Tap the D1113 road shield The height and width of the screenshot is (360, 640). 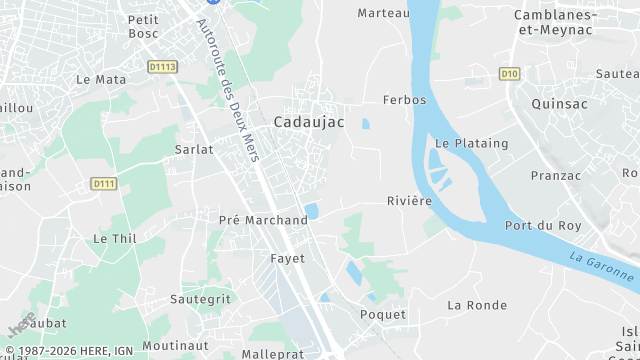[161, 67]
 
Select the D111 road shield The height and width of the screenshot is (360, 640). [103, 183]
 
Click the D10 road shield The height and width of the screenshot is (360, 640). [510, 73]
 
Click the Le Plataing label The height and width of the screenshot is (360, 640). [471, 143]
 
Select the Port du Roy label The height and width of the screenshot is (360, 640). [543, 226]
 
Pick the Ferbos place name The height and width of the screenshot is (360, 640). [404, 100]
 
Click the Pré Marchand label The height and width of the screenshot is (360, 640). [263, 220]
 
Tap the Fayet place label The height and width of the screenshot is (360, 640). [287, 258]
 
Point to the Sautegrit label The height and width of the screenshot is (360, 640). [201, 298]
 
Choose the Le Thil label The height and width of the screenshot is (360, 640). [114, 239]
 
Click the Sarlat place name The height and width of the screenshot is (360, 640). [194, 149]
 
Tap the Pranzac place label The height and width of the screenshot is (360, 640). [556, 175]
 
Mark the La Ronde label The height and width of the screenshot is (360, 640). [477, 305]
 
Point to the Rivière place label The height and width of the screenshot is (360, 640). [409, 201]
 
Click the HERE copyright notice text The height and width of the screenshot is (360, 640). [67, 351]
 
